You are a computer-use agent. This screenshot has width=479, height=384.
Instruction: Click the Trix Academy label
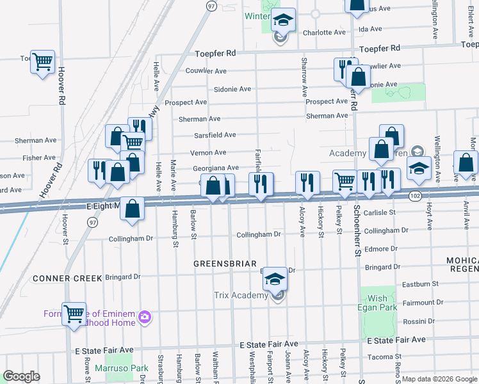pos(240,295)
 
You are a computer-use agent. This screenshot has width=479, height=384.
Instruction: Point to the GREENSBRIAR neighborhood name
pos(225,264)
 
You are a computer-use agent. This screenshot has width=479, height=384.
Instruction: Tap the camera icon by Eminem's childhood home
pos(145,317)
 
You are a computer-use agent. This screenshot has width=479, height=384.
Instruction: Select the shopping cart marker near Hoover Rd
pos(42,63)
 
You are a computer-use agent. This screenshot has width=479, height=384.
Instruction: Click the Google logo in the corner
pos(22,376)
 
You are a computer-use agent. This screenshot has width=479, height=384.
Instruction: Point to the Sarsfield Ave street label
pos(215,135)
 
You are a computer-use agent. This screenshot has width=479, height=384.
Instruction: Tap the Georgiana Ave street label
pos(217,167)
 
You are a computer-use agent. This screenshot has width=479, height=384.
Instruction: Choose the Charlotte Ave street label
pos(324,33)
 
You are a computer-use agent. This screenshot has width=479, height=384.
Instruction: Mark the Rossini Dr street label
pos(417,321)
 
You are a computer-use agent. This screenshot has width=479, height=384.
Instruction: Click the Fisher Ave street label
pos(38,157)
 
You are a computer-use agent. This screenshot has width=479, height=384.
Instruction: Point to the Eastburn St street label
pos(419,284)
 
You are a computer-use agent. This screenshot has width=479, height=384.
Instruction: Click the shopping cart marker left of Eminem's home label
pos(74,314)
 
